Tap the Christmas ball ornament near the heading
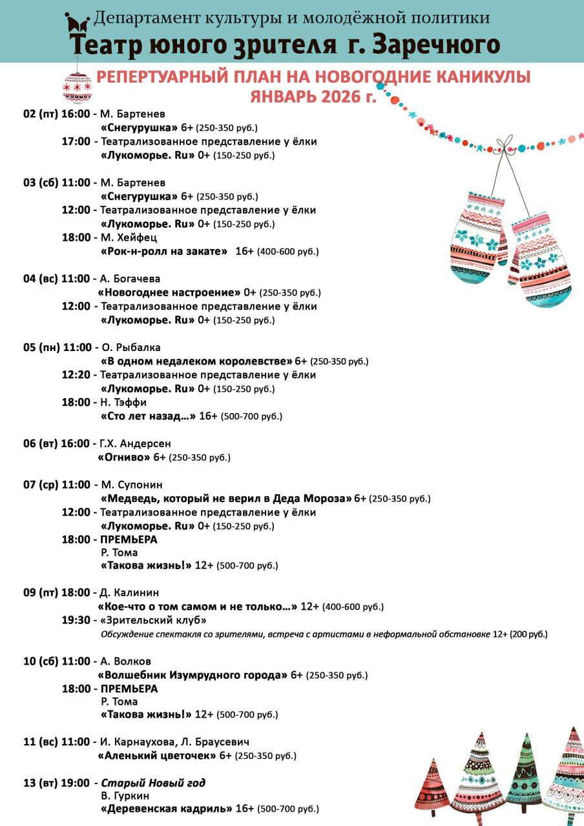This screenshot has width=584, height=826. tap(78, 86)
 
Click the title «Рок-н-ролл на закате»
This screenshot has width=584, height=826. tap(164, 251)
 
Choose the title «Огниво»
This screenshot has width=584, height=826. tap(123, 457)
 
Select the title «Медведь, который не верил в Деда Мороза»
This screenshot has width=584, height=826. tap(226, 498)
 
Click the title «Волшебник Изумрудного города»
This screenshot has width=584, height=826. tap(192, 675)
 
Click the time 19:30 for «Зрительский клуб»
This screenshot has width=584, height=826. tap(76, 620)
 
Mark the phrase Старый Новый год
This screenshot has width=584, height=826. tap(153, 783)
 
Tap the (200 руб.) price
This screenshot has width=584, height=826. tap(528, 634)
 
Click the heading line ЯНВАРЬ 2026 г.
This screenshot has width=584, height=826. tap(313, 97)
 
